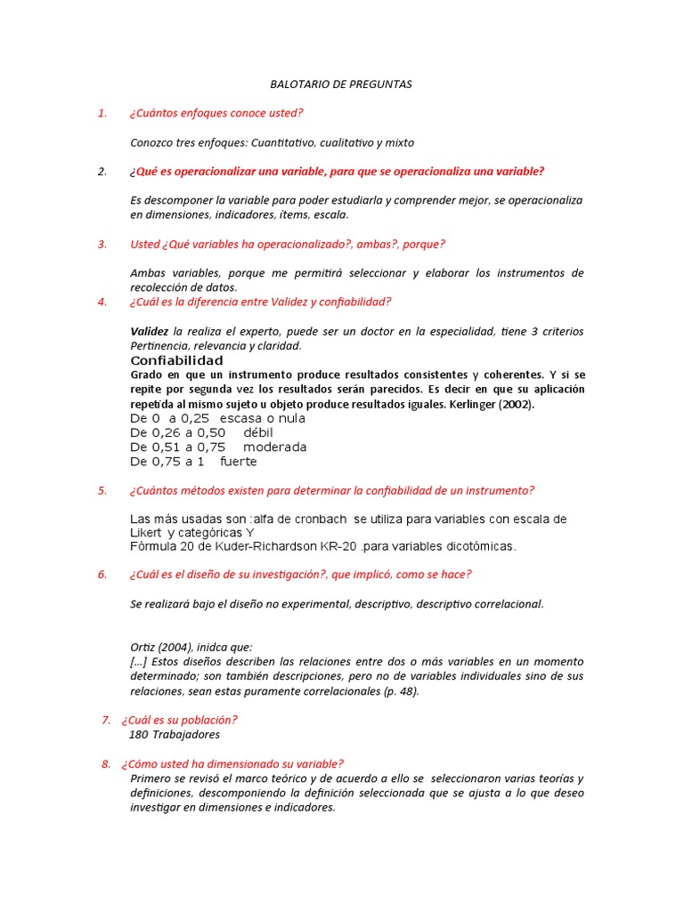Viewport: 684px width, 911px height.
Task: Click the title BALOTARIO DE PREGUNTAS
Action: coord(341,85)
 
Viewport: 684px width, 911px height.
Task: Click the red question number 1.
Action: coord(102,113)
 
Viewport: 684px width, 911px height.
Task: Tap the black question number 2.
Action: coord(102,172)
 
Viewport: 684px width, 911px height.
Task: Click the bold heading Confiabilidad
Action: coord(176,360)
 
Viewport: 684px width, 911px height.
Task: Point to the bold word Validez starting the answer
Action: coord(149,331)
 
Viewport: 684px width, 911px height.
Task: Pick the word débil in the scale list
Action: coord(257,432)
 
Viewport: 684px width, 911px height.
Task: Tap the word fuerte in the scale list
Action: coord(238,462)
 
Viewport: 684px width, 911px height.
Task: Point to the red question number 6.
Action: coord(102,575)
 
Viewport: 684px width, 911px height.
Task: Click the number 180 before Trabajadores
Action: coord(138,734)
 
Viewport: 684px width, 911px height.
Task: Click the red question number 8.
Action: coord(105,763)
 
